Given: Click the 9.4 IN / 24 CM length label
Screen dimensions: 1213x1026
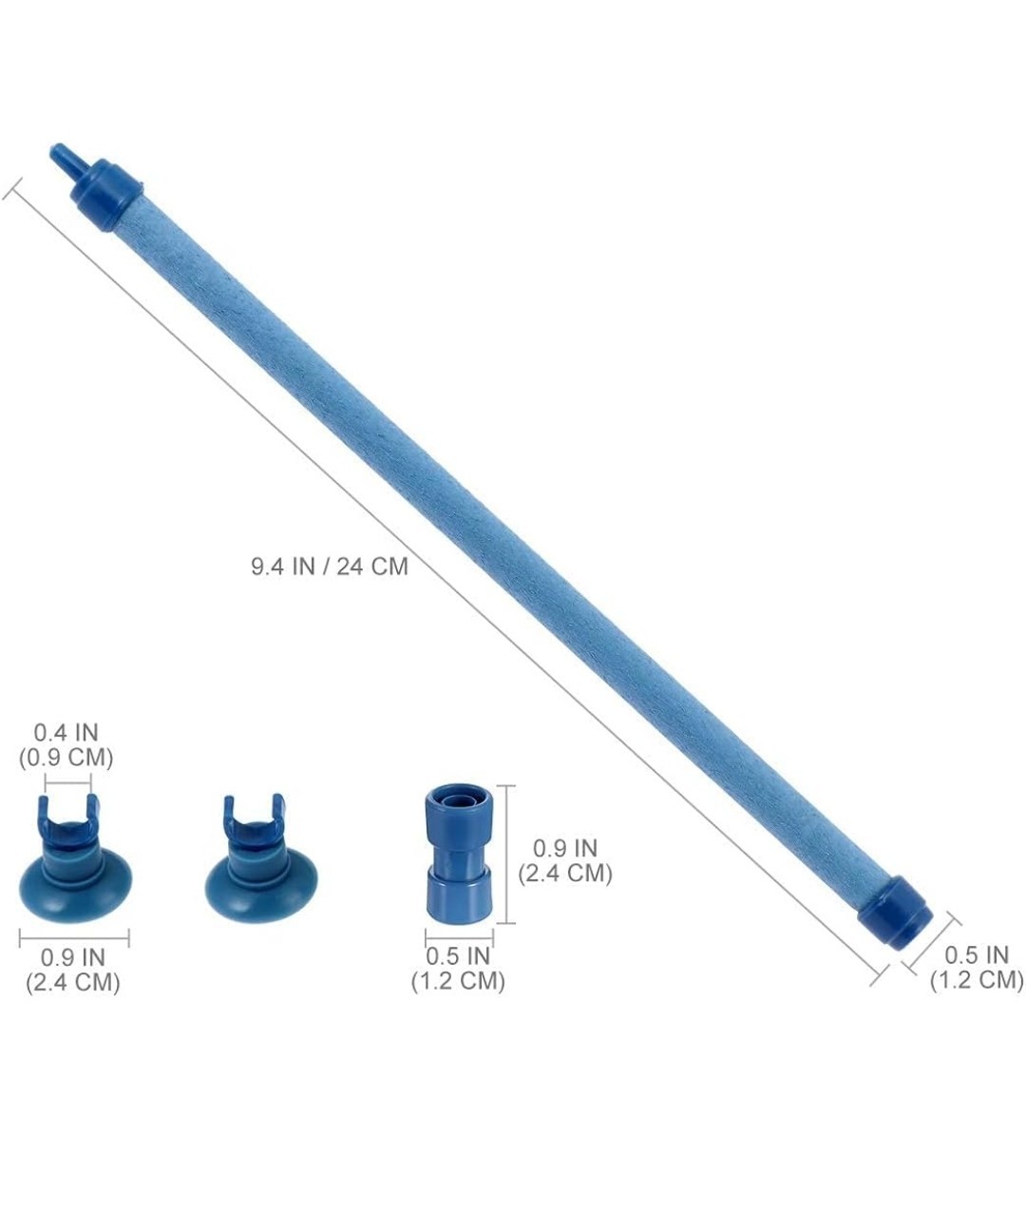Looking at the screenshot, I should point(329,567).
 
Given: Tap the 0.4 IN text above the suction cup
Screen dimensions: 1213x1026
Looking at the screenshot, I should point(66,733).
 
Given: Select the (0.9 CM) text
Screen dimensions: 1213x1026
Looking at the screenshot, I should point(66,758).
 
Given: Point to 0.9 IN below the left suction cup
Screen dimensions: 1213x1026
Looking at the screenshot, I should point(72,957).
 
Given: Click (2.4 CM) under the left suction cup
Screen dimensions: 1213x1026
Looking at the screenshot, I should point(72,982).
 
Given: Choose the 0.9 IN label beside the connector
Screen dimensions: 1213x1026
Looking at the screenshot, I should point(564,847).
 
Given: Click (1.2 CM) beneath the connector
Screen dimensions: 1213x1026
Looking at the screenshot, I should point(458,981).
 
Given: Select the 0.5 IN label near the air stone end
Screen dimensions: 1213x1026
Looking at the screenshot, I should point(977,954).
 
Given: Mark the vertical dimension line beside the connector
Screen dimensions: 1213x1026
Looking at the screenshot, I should point(511,854).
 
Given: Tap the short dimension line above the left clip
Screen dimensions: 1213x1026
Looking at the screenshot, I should point(68,784).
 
